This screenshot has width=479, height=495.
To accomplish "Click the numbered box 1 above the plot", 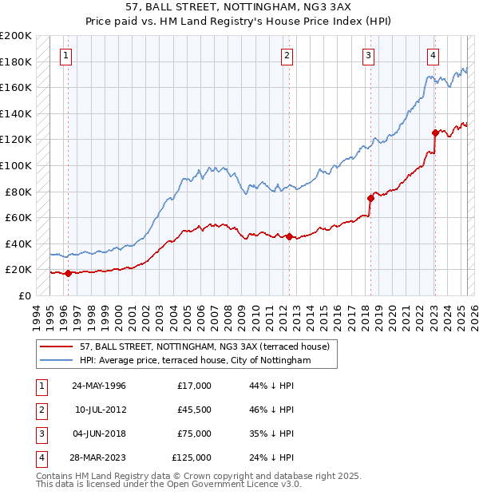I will (x=65, y=56).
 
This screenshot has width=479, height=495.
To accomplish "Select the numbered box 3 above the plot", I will (x=368, y=56).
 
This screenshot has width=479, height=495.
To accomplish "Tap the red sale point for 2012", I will (x=289, y=236).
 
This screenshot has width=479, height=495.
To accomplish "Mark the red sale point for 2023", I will (x=435, y=133).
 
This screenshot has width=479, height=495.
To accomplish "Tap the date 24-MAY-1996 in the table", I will (x=99, y=386).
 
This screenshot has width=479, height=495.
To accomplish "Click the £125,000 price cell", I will (x=192, y=457).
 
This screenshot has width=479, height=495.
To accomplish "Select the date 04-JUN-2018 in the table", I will (x=99, y=434).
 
